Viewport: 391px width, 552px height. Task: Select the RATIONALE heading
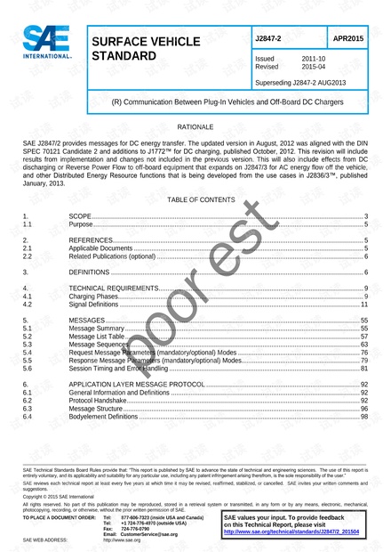195,129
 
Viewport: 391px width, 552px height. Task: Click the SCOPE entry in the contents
80,216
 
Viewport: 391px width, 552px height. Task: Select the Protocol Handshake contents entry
97,401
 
